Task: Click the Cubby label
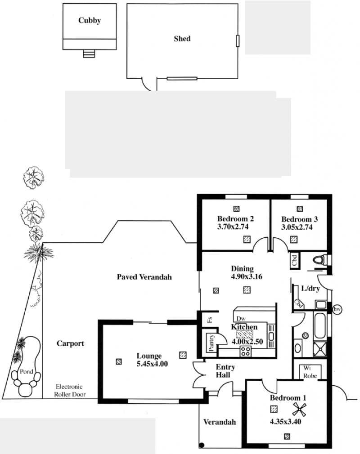click(x=90, y=21)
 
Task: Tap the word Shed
click(x=182, y=39)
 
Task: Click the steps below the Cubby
click(x=89, y=53)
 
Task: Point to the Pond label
click(x=27, y=371)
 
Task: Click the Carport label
click(x=71, y=343)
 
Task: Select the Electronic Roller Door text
click(x=70, y=390)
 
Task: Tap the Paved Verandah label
click(x=144, y=277)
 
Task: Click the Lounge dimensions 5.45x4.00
click(x=152, y=364)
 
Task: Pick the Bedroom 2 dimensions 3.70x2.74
click(x=233, y=227)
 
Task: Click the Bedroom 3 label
click(x=299, y=219)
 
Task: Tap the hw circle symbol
click(x=337, y=310)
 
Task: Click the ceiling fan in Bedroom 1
click(x=299, y=409)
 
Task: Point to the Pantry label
click(x=211, y=343)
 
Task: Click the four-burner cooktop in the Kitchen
click(x=246, y=351)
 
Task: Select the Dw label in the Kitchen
click(x=241, y=319)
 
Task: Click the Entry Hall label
click(x=225, y=371)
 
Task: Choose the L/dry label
click(x=310, y=289)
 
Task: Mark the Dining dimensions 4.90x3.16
click(x=247, y=276)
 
